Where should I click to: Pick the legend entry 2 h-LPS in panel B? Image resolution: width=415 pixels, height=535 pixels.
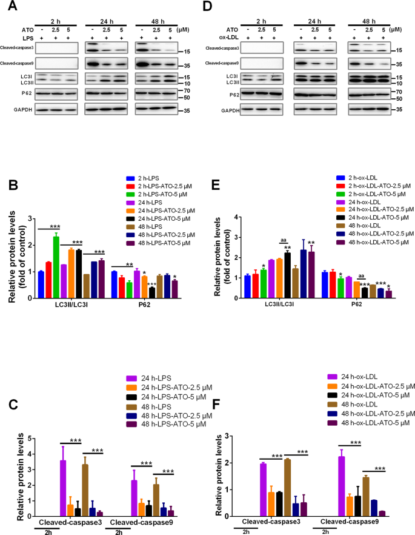(x=149, y=178)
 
